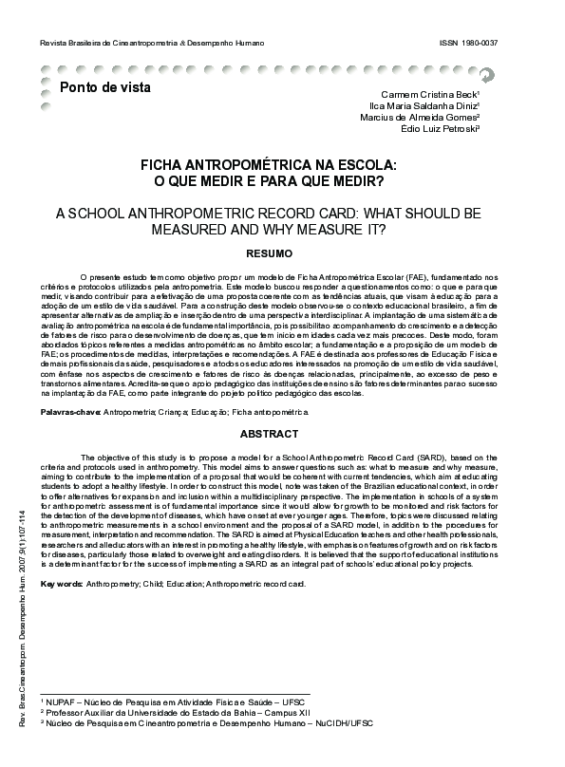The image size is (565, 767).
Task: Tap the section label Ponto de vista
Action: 99,88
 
